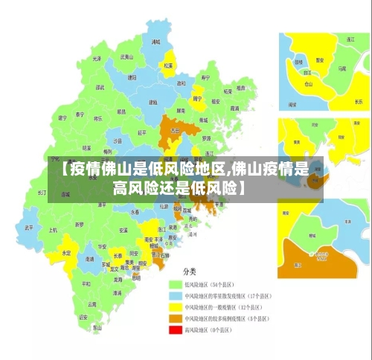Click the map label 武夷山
pyautogui.click(x=126, y=57)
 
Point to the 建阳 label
pyautogui.click(x=132, y=77)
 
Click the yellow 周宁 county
pyautogui.click(x=197, y=99)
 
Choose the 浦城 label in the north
pyautogui.click(x=155, y=42)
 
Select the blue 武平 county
pyautogui.click(x=28, y=227)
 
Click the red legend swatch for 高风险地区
pyautogui.click(x=176, y=329)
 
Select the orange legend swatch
pyautogui.click(x=176, y=318)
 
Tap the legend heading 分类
pyautogui.click(x=190, y=270)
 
